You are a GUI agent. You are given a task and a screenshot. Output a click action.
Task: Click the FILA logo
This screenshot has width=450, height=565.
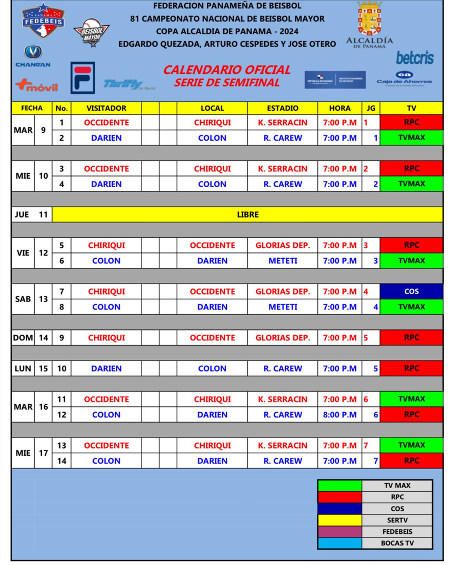pos(83,77)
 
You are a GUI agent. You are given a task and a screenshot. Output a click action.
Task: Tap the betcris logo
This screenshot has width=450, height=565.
pos(415,57)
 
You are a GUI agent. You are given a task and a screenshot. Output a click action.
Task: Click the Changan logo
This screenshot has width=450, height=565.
pos(33,57)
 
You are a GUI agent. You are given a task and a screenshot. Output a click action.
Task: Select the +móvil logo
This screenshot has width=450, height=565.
pos(36,85)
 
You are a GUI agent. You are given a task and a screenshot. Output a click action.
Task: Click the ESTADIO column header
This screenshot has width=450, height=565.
pos(282,108)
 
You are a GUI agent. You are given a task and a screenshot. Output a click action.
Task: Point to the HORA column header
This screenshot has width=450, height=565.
pos(339,108)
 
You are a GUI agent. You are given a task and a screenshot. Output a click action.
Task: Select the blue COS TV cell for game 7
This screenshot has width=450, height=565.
pos(412,291)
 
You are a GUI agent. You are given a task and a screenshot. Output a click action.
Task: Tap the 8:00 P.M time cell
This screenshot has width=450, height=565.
pos(339,415)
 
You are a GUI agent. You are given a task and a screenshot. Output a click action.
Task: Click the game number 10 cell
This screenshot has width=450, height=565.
pos(62,368)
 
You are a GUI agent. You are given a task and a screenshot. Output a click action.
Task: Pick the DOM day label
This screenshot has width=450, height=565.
pos(23,338)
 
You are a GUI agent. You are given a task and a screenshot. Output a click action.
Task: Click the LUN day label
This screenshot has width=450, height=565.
pos(23,368)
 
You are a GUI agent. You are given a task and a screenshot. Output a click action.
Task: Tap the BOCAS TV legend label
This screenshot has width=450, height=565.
pos(397,543)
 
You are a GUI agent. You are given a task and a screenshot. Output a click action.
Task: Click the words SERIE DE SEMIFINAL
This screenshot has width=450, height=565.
pos(226,83)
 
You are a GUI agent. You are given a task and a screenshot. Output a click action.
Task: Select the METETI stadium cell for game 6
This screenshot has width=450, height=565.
pos(282,261)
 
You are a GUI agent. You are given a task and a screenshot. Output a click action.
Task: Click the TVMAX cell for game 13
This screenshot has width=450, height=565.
pos(412,445)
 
